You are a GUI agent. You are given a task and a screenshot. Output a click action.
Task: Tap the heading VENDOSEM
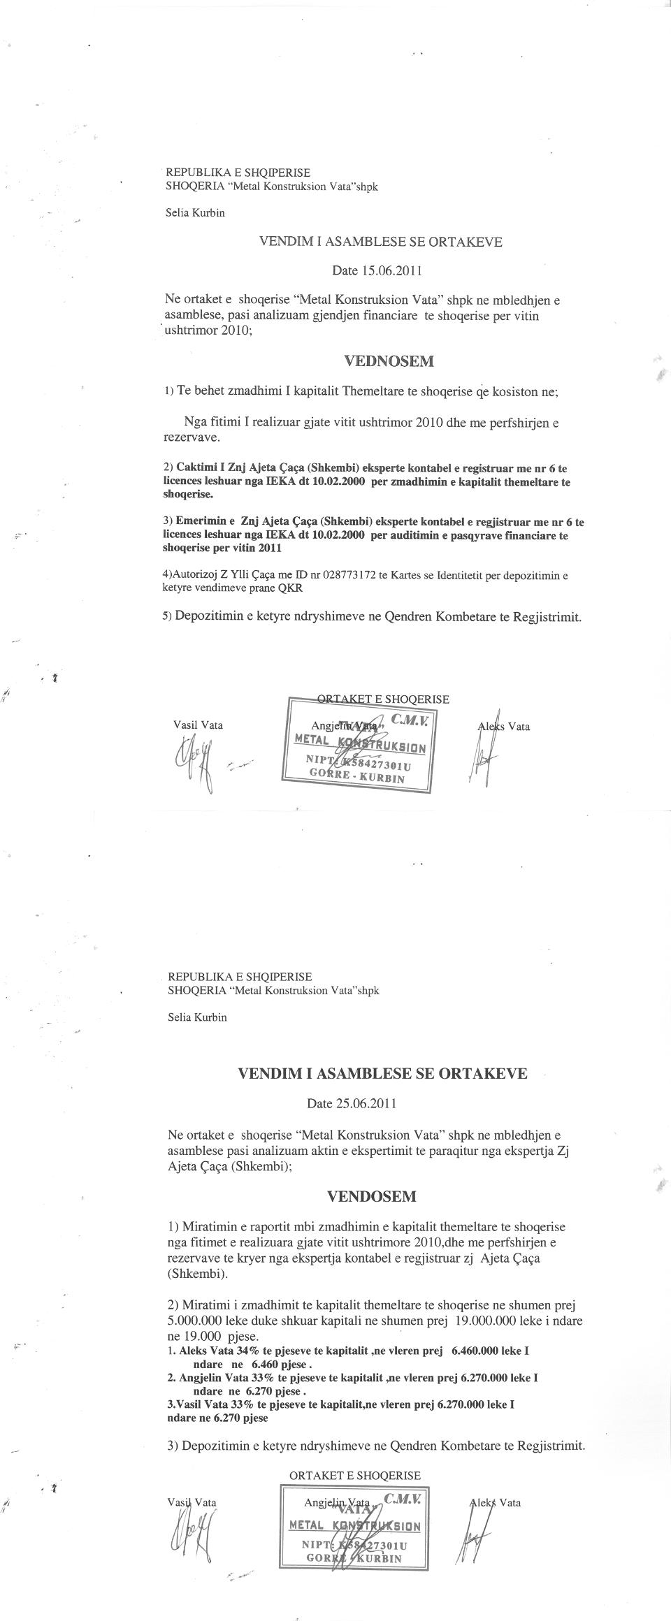click(x=371, y=1196)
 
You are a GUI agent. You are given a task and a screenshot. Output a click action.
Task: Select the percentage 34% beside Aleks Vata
click(x=245, y=1351)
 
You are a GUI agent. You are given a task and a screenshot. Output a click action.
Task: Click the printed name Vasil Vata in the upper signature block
click(x=198, y=725)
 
